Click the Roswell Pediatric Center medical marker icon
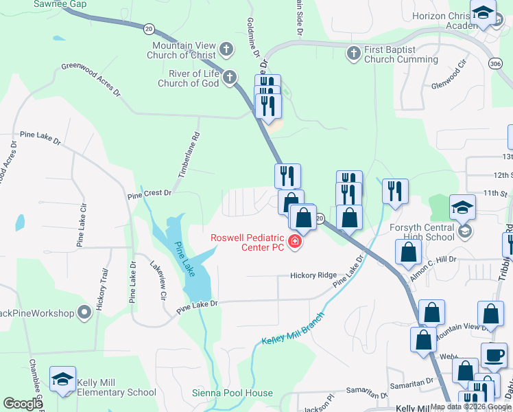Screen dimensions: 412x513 click(x=296, y=242)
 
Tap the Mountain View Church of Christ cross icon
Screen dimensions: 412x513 click(x=227, y=49)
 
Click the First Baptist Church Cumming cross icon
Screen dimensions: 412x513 click(x=353, y=53)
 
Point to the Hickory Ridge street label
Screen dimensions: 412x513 click(x=313, y=275)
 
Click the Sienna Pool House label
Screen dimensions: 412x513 click(x=232, y=393)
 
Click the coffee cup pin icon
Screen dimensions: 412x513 click(x=493, y=355)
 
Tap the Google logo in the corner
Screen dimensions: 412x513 click(x=23, y=404)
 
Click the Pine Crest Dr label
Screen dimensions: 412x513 click(x=149, y=194)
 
